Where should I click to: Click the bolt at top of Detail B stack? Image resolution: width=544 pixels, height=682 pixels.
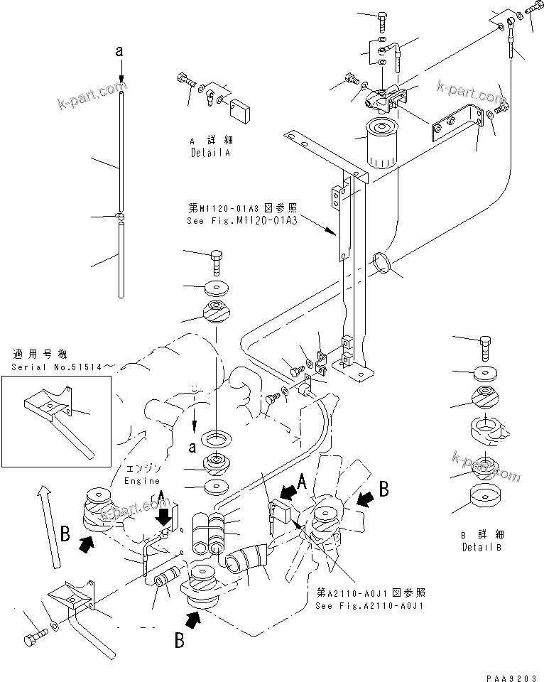[486, 347]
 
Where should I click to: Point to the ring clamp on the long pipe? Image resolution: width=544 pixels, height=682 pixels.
[382, 262]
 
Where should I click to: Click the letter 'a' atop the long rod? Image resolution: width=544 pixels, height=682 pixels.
[121, 51]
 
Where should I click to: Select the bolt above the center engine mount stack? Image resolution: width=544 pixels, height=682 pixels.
[216, 262]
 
